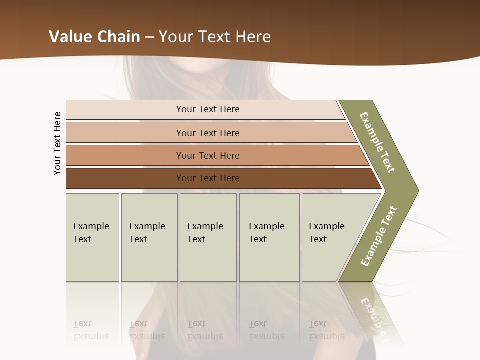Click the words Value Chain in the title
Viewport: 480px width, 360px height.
93,37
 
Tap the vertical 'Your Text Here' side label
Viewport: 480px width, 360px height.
57,143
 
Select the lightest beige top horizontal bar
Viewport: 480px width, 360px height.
125,109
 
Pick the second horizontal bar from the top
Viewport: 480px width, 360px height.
125,133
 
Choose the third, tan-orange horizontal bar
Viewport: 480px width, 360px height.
125,155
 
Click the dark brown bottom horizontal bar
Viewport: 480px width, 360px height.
125,178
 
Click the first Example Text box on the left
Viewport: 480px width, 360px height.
92,255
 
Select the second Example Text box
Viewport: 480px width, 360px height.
149,255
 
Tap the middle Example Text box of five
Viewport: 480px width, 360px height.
208,255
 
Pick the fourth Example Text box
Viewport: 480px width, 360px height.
269,255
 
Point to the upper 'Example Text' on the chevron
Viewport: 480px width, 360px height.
377,142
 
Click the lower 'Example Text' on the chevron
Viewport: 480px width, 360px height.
378,236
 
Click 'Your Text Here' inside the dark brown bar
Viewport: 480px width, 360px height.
208,178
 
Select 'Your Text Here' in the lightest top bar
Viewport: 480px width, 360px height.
208,109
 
